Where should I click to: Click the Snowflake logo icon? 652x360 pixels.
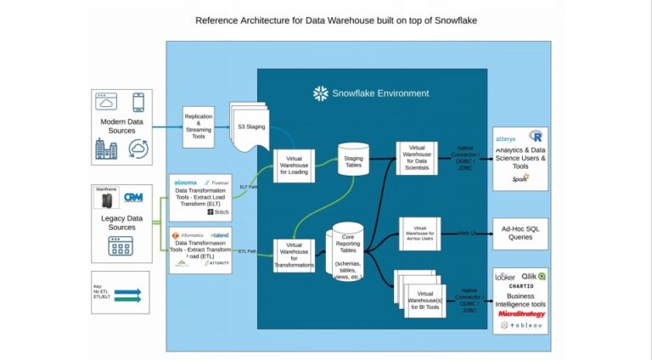click(x=321, y=93)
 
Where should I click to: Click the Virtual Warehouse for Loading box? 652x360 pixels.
click(x=294, y=164)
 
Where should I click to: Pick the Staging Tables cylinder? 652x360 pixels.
click(x=353, y=159)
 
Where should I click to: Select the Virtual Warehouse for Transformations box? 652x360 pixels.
click(x=294, y=256)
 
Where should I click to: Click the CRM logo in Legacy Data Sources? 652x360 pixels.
click(x=133, y=197)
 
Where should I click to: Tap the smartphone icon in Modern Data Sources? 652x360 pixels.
click(x=138, y=103)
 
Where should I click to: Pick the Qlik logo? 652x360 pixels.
click(x=535, y=276)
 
